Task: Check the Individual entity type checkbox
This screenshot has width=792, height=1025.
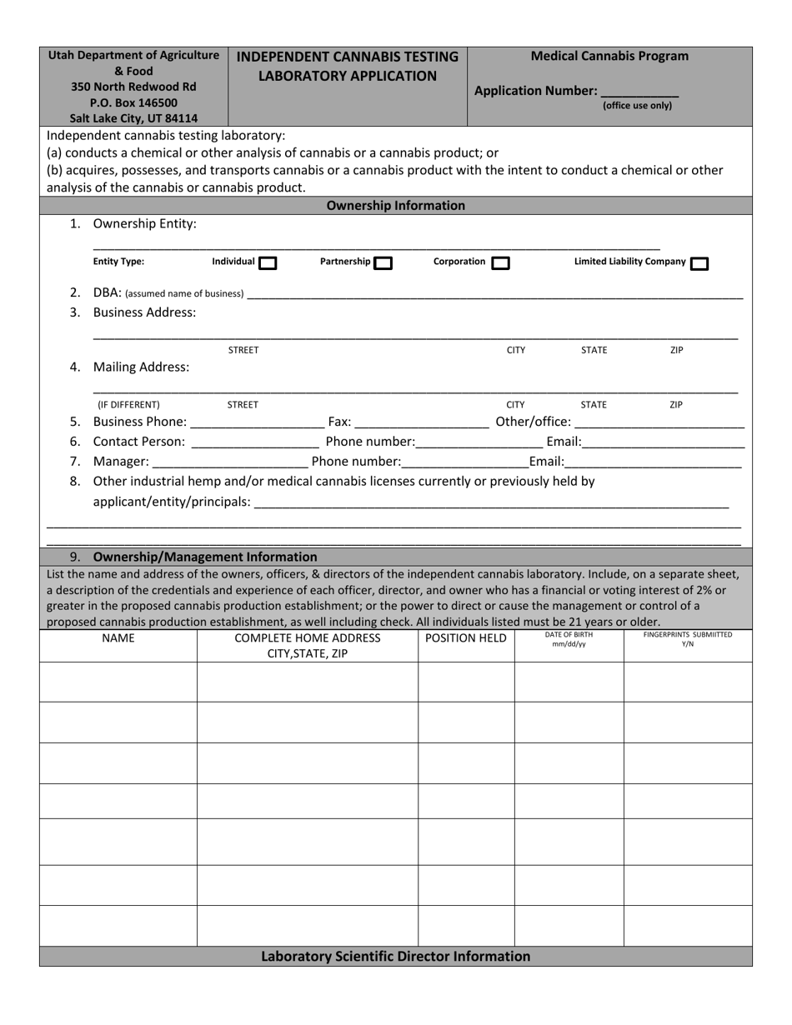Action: coord(268,263)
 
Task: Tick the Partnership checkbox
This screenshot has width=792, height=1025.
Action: coord(383,263)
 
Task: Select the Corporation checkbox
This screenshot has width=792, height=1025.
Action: coord(500,263)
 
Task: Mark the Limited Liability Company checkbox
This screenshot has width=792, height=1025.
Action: coord(700,264)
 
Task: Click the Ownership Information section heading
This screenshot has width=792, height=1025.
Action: coord(395,206)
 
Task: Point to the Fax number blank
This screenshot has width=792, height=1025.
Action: coord(421,422)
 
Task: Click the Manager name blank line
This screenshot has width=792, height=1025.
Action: coord(230,462)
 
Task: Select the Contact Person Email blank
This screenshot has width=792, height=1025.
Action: coord(663,442)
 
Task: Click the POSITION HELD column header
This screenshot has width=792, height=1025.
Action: coord(466,638)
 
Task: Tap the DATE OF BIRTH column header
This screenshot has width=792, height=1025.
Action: coord(569,639)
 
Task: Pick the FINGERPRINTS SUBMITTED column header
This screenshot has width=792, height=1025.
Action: coord(688,639)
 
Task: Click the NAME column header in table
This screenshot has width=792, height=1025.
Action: coord(118,638)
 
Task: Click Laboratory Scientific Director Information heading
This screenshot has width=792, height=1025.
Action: coord(395,957)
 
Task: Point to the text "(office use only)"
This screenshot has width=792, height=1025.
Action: coord(637,106)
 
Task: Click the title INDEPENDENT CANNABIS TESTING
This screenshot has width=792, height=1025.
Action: coord(348,57)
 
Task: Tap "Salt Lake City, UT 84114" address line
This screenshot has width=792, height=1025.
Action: coord(133,118)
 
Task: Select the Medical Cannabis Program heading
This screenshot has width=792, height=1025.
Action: coord(609,57)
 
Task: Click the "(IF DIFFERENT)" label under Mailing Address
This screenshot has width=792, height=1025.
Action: coord(128,405)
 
